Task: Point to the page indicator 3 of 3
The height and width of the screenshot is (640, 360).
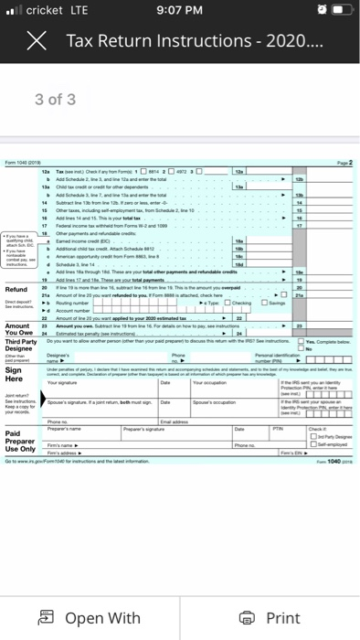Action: [56, 99]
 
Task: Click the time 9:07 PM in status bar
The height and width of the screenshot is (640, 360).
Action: [180, 12]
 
